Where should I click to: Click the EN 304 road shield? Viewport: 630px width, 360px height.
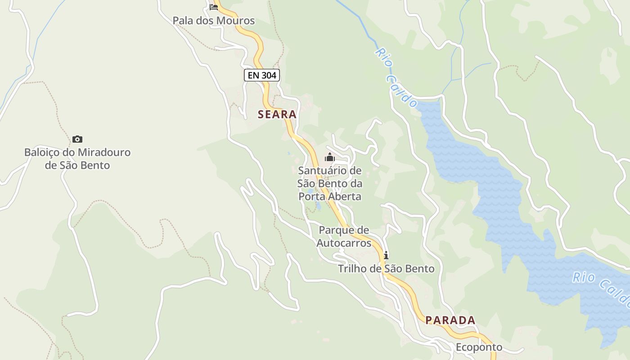pos(262,75)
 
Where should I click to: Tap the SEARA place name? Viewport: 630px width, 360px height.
pos(277,114)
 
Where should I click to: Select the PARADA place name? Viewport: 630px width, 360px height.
pos(450,320)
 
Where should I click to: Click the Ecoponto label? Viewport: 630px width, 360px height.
pos(479,347)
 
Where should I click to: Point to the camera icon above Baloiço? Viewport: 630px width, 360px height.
pos(77,139)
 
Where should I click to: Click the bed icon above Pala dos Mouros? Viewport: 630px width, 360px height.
pos(214,7)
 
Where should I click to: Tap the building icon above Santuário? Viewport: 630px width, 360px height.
pos(330,157)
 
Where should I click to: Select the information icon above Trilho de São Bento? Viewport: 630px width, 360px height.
pos(386,256)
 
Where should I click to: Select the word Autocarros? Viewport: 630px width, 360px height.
pos(344,243)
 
